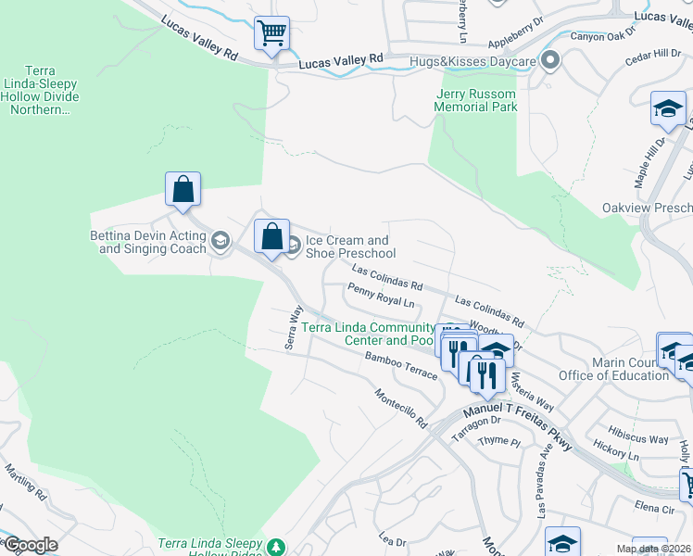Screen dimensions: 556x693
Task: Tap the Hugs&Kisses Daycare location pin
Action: (x=550, y=62)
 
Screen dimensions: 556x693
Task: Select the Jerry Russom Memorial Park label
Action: (x=476, y=100)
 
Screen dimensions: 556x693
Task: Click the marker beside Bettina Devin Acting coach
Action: (x=220, y=242)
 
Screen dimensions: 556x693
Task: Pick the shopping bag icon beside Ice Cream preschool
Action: (x=271, y=237)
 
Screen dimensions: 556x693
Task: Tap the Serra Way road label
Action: (x=295, y=326)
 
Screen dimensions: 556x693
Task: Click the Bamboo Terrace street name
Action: (x=400, y=364)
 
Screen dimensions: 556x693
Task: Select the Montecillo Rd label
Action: (x=400, y=408)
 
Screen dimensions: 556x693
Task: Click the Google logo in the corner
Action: (x=31, y=544)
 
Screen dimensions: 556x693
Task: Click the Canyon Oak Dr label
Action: (x=603, y=36)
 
